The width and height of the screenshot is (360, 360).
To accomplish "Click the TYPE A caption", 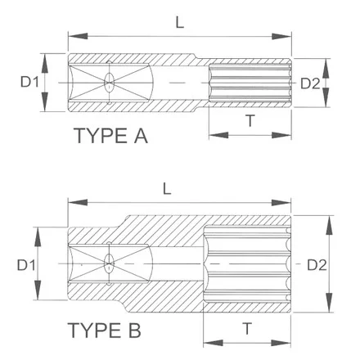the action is pyautogui.click(x=110, y=136).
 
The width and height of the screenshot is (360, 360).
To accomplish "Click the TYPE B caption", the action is pyautogui.click(x=104, y=331).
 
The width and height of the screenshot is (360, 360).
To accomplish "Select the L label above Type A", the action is pyautogui.click(x=180, y=22).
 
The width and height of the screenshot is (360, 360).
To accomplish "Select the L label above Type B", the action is pyautogui.click(x=167, y=188).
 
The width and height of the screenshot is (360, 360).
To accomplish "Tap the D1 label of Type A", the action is pyautogui.click(x=29, y=81).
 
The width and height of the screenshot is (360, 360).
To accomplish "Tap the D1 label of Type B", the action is pyautogui.click(x=26, y=265).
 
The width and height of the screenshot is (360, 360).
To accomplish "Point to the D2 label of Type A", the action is pyautogui.click(x=310, y=83).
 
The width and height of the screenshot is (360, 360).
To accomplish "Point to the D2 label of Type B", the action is pyautogui.click(x=317, y=265).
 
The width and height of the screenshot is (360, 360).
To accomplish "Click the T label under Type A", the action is pyautogui.click(x=250, y=121).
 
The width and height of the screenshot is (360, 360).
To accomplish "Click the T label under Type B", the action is pyautogui.click(x=247, y=329).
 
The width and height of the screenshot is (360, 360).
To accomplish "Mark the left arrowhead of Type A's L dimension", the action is pyautogui.click(x=78, y=36).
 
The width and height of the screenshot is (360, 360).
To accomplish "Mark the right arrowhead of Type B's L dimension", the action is pyautogui.click(x=281, y=203).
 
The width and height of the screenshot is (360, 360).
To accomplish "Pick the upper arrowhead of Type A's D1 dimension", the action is pyautogui.click(x=45, y=63).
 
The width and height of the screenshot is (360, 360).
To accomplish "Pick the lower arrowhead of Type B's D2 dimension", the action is pyautogui.click(x=330, y=302).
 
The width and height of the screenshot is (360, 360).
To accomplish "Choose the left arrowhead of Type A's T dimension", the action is pyautogui.click(x=218, y=135).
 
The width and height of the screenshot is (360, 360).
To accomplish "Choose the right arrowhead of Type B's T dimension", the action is pyautogui.click(x=281, y=343).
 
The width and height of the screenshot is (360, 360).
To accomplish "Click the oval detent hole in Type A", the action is pyautogui.click(x=109, y=82).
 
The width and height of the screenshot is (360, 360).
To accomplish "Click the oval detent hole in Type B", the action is pyautogui.click(x=109, y=263).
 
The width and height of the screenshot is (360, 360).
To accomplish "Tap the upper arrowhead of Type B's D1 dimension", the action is pyautogui.click(x=38, y=237).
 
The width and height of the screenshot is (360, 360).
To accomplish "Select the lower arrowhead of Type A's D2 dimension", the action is pyautogui.click(x=326, y=97).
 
